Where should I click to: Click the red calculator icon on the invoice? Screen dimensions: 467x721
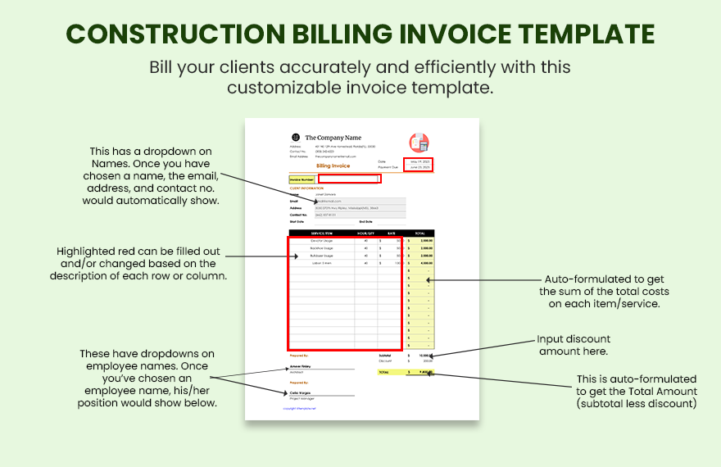tap(419, 142)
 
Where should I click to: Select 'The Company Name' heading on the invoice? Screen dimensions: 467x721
tap(333, 138)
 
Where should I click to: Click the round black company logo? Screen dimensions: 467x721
tap(296, 138)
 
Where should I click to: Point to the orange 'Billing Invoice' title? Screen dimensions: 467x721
tap(333, 165)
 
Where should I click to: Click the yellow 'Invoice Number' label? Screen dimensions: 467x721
tap(302, 179)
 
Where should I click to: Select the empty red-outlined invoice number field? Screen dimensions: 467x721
tap(349, 179)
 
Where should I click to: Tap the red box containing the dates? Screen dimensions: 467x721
tap(417, 164)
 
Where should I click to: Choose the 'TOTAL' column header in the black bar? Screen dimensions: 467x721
tap(419, 233)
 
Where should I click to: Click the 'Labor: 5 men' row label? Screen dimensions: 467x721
tap(322, 263)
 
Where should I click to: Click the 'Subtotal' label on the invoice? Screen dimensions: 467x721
tap(384, 356)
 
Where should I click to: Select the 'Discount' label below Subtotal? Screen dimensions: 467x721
tap(385, 361)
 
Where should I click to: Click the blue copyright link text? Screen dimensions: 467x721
tap(300, 408)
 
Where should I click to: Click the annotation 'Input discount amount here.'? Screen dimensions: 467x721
tap(574, 345)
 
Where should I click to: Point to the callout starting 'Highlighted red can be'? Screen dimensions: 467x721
tap(137, 263)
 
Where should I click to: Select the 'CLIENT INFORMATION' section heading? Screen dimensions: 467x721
tap(306, 188)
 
